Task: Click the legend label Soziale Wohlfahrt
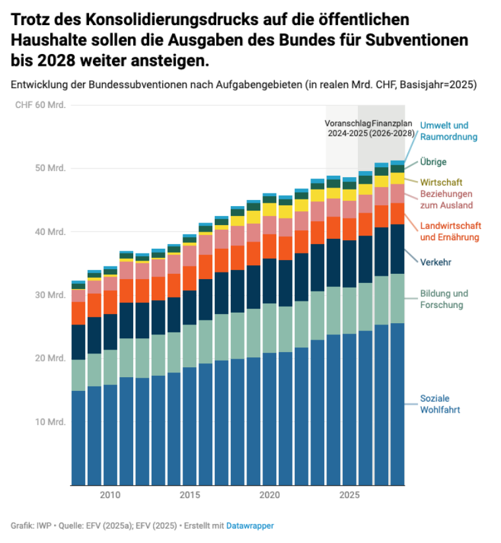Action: click(x=440, y=404)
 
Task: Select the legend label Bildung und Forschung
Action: click(x=444, y=299)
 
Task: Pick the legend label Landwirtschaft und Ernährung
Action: click(x=450, y=232)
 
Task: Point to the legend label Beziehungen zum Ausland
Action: click(x=446, y=200)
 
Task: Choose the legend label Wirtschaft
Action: click(x=441, y=182)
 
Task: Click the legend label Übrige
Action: click(x=434, y=162)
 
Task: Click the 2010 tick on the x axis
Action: click(x=109, y=494)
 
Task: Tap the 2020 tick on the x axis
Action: click(x=269, y=494)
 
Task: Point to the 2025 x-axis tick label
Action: click(x=349, y=494)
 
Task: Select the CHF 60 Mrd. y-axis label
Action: click(x=40, y=105)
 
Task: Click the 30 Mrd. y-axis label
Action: click(x=51, y=295)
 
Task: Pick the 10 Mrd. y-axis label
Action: click(x=51, y=422)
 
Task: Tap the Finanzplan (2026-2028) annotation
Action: click(x=393, y=128)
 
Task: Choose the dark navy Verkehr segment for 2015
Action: click(x=189, y=307)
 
